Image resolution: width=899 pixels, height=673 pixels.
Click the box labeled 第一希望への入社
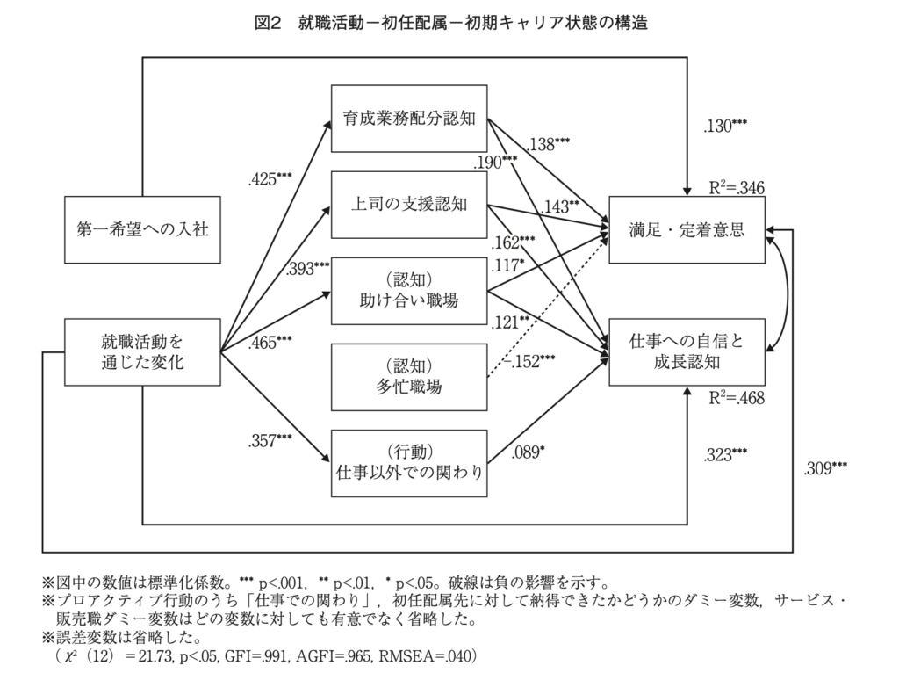142,229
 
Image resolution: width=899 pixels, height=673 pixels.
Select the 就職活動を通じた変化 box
142,351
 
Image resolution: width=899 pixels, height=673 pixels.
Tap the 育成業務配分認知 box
408,119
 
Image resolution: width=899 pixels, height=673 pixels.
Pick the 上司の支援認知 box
408,206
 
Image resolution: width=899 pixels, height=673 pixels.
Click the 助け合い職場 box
408,291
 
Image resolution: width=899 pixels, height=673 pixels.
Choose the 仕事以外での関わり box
408,462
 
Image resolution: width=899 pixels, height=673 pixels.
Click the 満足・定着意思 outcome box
687,229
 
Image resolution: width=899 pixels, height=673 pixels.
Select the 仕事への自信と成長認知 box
687,351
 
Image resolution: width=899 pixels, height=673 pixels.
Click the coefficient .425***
270,181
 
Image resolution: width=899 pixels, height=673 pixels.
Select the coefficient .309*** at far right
825,468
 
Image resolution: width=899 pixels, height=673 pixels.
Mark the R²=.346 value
737,187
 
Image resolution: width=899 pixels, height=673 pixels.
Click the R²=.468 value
737,398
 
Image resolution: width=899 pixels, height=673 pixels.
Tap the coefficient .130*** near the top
725,127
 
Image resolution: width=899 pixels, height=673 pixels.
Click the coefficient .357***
270,439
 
